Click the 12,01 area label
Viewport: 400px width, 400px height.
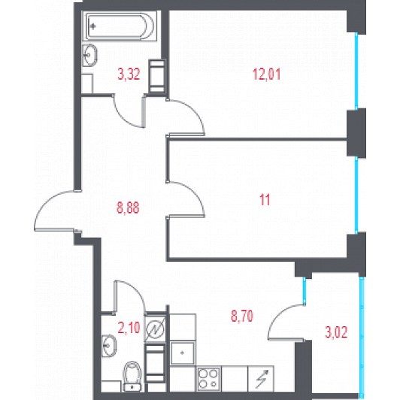tap(266, 74)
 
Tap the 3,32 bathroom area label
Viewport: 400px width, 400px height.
tap(129, 74)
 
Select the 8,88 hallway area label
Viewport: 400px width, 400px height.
tap(128, 208)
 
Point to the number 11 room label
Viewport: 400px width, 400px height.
tap(265, 199)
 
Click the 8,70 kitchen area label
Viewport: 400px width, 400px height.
tap(242, 316)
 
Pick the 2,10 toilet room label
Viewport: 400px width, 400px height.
tap(129, 328)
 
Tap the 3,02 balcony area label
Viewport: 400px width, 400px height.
tap(336, 332)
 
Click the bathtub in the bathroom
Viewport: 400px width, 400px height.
tap(120, 26)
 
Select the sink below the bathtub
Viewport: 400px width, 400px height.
tap(90, 55)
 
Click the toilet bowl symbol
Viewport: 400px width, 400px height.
tap(132, 376)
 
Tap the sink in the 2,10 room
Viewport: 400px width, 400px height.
tap(109, 346)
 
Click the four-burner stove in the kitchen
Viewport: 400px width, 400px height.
tap(208, 379)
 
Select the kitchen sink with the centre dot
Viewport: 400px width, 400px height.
tap(182, 353)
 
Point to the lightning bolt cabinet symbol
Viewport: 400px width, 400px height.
tap(261, 379)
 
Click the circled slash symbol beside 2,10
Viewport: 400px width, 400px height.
tap(155, 329)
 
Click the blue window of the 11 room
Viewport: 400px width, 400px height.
tap(356, 195)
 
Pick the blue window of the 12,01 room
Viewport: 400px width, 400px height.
tap(356, 71)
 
